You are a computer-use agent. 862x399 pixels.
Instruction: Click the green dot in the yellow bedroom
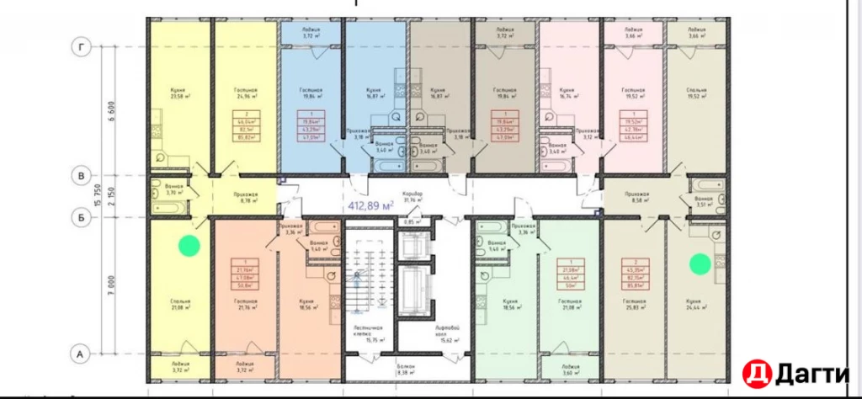pos(189,246)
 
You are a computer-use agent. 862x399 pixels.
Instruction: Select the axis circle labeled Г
pos(82,47)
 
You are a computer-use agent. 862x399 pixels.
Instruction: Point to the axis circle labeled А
pos(82,354)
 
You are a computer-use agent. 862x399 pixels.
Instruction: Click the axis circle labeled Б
pos(82,217)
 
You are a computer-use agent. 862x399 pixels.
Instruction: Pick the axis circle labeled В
pos(82,176)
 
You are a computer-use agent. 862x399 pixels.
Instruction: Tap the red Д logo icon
pos(755,372)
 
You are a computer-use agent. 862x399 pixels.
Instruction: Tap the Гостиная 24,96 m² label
pos(245,93)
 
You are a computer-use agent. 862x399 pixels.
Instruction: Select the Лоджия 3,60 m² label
pos(569,371)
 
